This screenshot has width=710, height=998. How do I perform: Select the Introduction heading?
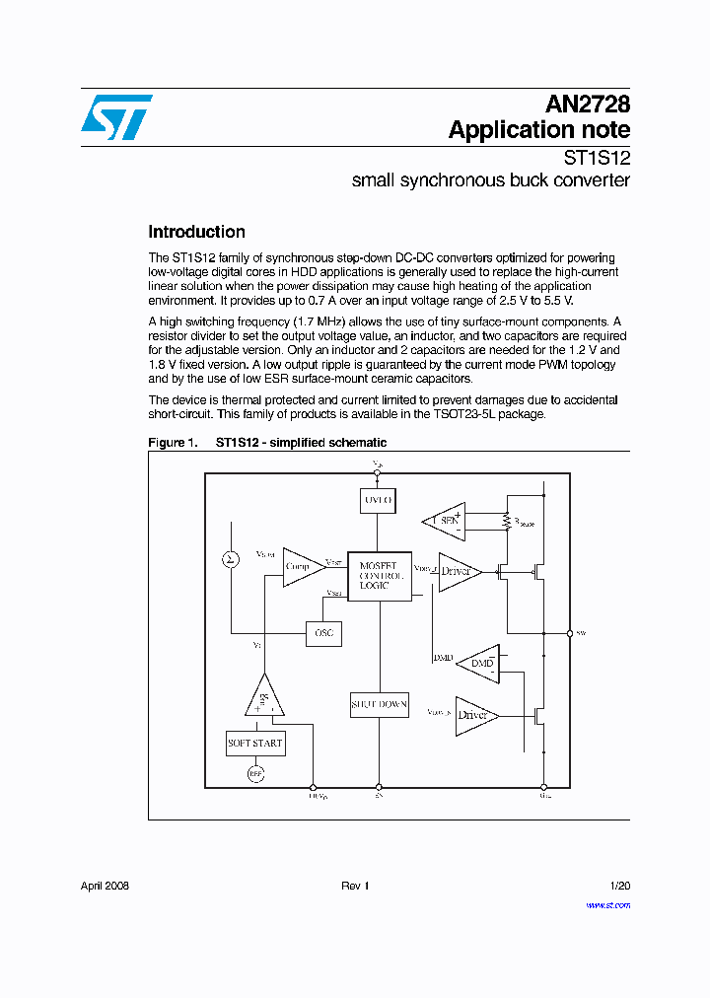[196, 233]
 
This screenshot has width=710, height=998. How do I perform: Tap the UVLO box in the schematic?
[378, 501]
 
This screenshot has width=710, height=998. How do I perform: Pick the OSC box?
[324, 633]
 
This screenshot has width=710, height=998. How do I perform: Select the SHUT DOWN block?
[380, 704]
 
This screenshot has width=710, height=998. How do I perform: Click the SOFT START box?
[255, 743]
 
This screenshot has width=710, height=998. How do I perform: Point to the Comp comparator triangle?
[301, 567]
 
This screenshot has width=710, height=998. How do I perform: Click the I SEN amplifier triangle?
[446, 520]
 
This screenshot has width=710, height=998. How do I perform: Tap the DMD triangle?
[480, 663]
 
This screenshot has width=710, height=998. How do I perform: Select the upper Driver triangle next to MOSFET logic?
[458, 572]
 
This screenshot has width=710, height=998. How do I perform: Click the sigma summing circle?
[231, 560]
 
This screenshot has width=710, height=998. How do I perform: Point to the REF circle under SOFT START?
[256, 774]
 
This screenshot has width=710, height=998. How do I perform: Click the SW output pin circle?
[570, 633]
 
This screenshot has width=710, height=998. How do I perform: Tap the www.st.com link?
[607, 905]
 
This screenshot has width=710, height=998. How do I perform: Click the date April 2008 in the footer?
[105, 887]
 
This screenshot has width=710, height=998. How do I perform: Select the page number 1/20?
[619, 887]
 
